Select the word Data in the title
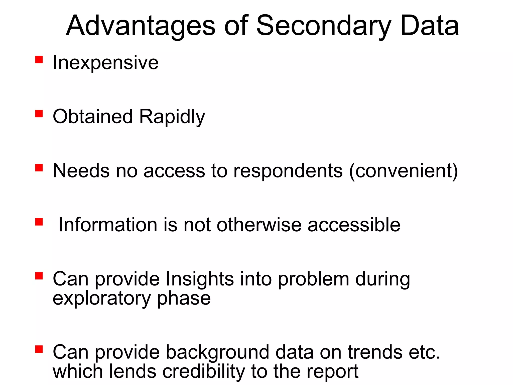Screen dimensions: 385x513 429,26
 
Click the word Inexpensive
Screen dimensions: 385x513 105,63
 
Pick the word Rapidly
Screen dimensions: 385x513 172,117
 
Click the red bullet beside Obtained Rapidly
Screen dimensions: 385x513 39,114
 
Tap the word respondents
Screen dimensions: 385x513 288,171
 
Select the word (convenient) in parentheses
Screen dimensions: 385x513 403,171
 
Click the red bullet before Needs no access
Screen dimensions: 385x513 39,168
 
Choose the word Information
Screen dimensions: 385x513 108,225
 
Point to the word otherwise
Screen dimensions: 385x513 259,225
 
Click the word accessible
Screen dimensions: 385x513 354,225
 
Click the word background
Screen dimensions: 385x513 217,352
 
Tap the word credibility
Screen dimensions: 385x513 204,371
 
